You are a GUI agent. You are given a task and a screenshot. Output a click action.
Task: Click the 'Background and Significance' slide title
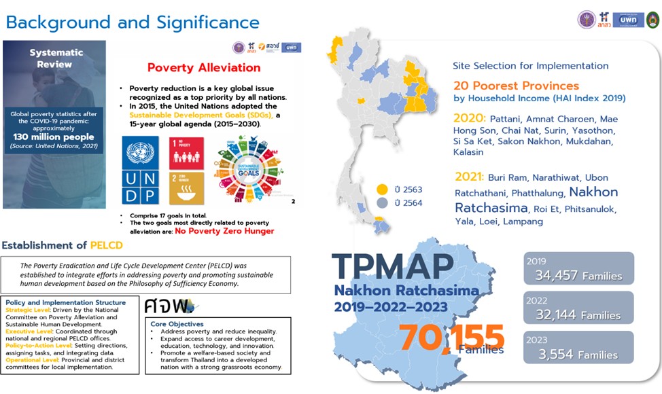[133, 22]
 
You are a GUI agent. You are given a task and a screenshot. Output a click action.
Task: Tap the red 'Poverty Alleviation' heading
[203, 67]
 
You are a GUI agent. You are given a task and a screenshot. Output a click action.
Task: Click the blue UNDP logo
[139, 169]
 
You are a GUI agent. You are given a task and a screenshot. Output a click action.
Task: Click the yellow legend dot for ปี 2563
[382, 189]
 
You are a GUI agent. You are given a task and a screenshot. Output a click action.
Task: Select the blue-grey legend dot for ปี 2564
[382, 202]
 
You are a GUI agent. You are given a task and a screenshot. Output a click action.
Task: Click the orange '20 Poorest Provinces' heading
[516, 86]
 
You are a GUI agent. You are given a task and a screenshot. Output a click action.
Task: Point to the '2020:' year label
[470, 117]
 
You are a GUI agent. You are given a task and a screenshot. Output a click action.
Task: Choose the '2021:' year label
[470, 177]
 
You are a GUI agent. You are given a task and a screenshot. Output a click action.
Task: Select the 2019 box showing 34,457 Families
[579, 269]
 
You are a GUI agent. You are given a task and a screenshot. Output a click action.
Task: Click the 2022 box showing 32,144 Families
[579, 308]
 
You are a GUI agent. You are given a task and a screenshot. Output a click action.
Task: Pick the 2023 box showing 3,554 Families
[579, 348]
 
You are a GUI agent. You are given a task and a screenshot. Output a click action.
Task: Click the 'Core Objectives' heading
[177, 324]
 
